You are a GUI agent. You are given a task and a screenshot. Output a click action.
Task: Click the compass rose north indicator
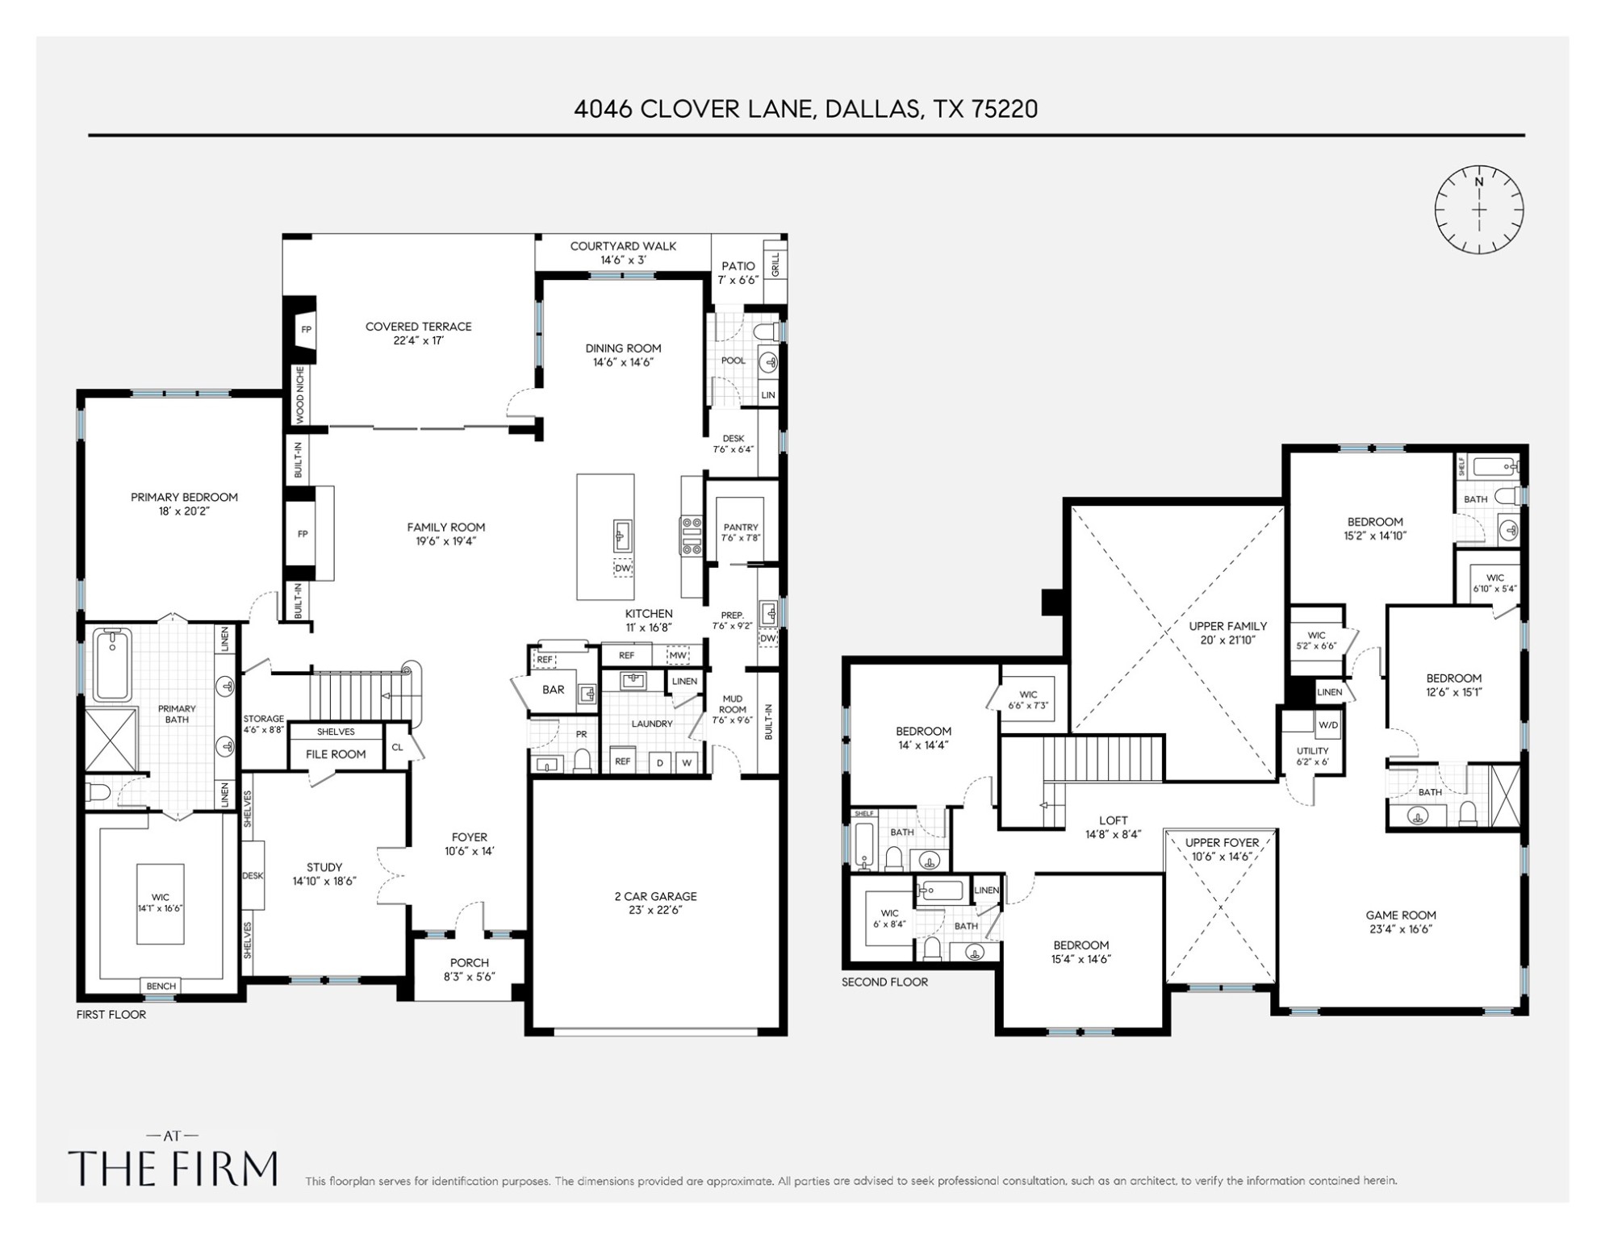pos(1478,182)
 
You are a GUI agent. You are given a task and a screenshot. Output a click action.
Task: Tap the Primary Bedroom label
pos(184,497)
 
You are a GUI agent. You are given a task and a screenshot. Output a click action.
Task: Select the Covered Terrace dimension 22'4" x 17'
pos(418,340)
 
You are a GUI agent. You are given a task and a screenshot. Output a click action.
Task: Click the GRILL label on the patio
pos(775,265)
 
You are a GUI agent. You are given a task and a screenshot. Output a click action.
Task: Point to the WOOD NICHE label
pos(299,394)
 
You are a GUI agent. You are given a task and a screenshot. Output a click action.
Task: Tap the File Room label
pos(336,754)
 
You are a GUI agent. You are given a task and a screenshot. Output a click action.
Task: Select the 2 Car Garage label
pos(655,896)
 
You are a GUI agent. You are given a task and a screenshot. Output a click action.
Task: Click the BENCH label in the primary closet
pos(161,986)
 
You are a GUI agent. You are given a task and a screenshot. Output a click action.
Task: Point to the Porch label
pos(469,962)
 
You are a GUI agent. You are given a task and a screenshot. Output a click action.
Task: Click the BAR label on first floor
pos(554,690)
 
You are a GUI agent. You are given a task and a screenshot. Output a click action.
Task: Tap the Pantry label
pos(741,527)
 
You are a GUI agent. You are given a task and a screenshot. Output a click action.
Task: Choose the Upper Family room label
pos(1227,626)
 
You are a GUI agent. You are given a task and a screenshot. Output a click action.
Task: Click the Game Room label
pos(1400,915)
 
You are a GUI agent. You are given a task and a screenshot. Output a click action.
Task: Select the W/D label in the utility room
pos(1327,725)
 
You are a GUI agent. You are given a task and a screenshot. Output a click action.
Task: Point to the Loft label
pos(1113,820)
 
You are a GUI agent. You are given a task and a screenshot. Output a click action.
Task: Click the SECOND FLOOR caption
pos(884,982)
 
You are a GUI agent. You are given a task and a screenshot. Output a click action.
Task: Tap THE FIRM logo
pos(173,1167)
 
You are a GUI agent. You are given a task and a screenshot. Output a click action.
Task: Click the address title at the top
pos(805,109)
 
